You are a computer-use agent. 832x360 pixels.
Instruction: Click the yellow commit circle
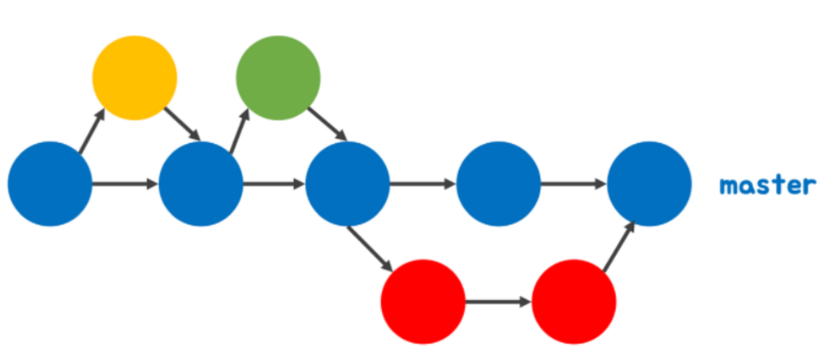tap(135, 78)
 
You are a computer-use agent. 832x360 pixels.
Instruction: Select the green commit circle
tap(278, 78)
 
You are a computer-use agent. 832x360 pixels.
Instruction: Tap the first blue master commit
tap(50, 184)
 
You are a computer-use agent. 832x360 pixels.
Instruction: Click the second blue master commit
tap(201, 184)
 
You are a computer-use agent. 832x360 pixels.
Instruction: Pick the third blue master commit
tap(348, 184)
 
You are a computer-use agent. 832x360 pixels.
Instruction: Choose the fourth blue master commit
tap(498, 184)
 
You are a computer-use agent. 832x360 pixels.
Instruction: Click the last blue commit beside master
tap(649, 184)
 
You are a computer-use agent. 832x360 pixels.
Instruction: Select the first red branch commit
tap(422, 301)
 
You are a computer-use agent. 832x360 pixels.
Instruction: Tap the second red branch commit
tap(574, 301)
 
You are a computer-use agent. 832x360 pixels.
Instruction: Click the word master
tap(768, 185)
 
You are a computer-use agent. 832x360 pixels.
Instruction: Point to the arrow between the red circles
tap(498, 302)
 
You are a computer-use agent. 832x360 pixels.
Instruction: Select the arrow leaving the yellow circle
tap(182, 124)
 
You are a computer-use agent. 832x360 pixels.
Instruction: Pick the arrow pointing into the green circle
tap(240, 131)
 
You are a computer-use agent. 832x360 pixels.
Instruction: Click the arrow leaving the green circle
tap(327, 124)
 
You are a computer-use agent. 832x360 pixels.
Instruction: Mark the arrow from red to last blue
tap(618, 246)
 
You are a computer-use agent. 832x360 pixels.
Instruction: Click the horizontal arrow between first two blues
tap(125, 184)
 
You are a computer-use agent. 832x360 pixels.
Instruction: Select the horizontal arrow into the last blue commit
tap(574, 184)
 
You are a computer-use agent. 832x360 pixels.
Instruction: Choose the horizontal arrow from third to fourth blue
tap(422, 184)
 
